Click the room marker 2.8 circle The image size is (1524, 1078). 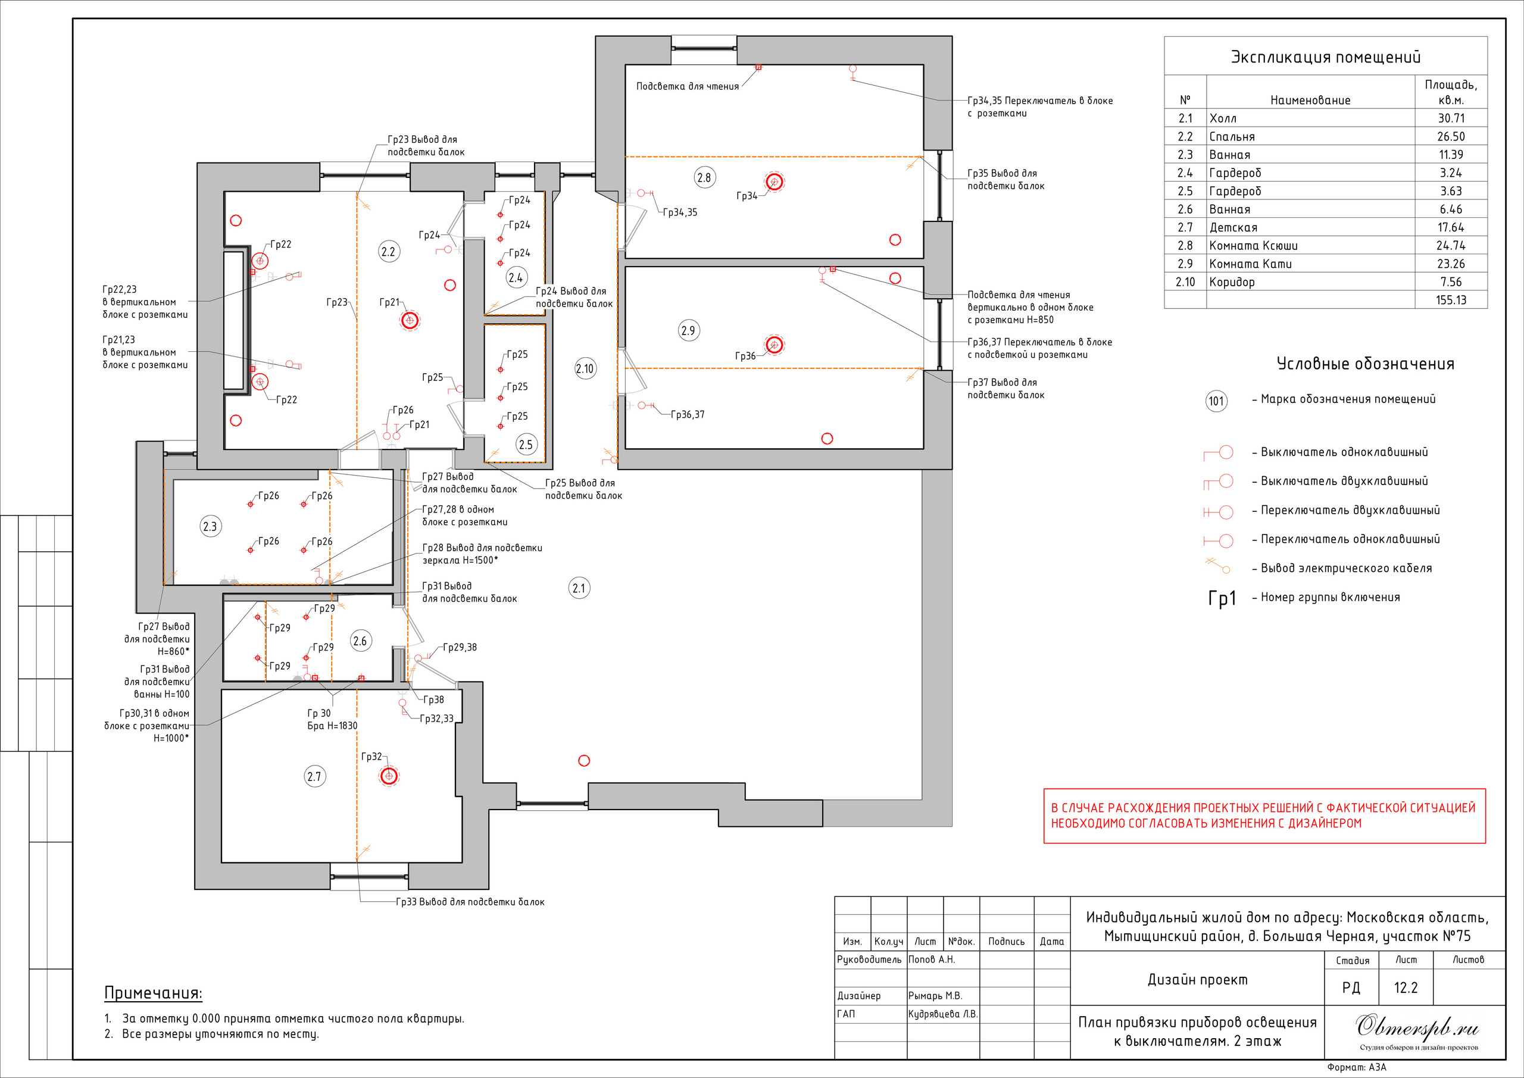coord(704,178)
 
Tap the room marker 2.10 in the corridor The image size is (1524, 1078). coord(585,369)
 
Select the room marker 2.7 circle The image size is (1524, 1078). coord(315,777)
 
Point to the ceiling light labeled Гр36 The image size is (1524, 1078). coord(773,345)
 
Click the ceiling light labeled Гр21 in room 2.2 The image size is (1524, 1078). coord(410,321)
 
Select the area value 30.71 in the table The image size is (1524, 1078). coord(1451,118)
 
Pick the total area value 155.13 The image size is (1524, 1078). coord(1451,300)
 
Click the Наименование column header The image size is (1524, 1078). coord(1310,100)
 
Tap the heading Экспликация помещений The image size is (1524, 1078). coord(1326,57)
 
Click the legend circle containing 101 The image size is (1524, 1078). coord(1216,401)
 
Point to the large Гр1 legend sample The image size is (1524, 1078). coord(1222,599)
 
